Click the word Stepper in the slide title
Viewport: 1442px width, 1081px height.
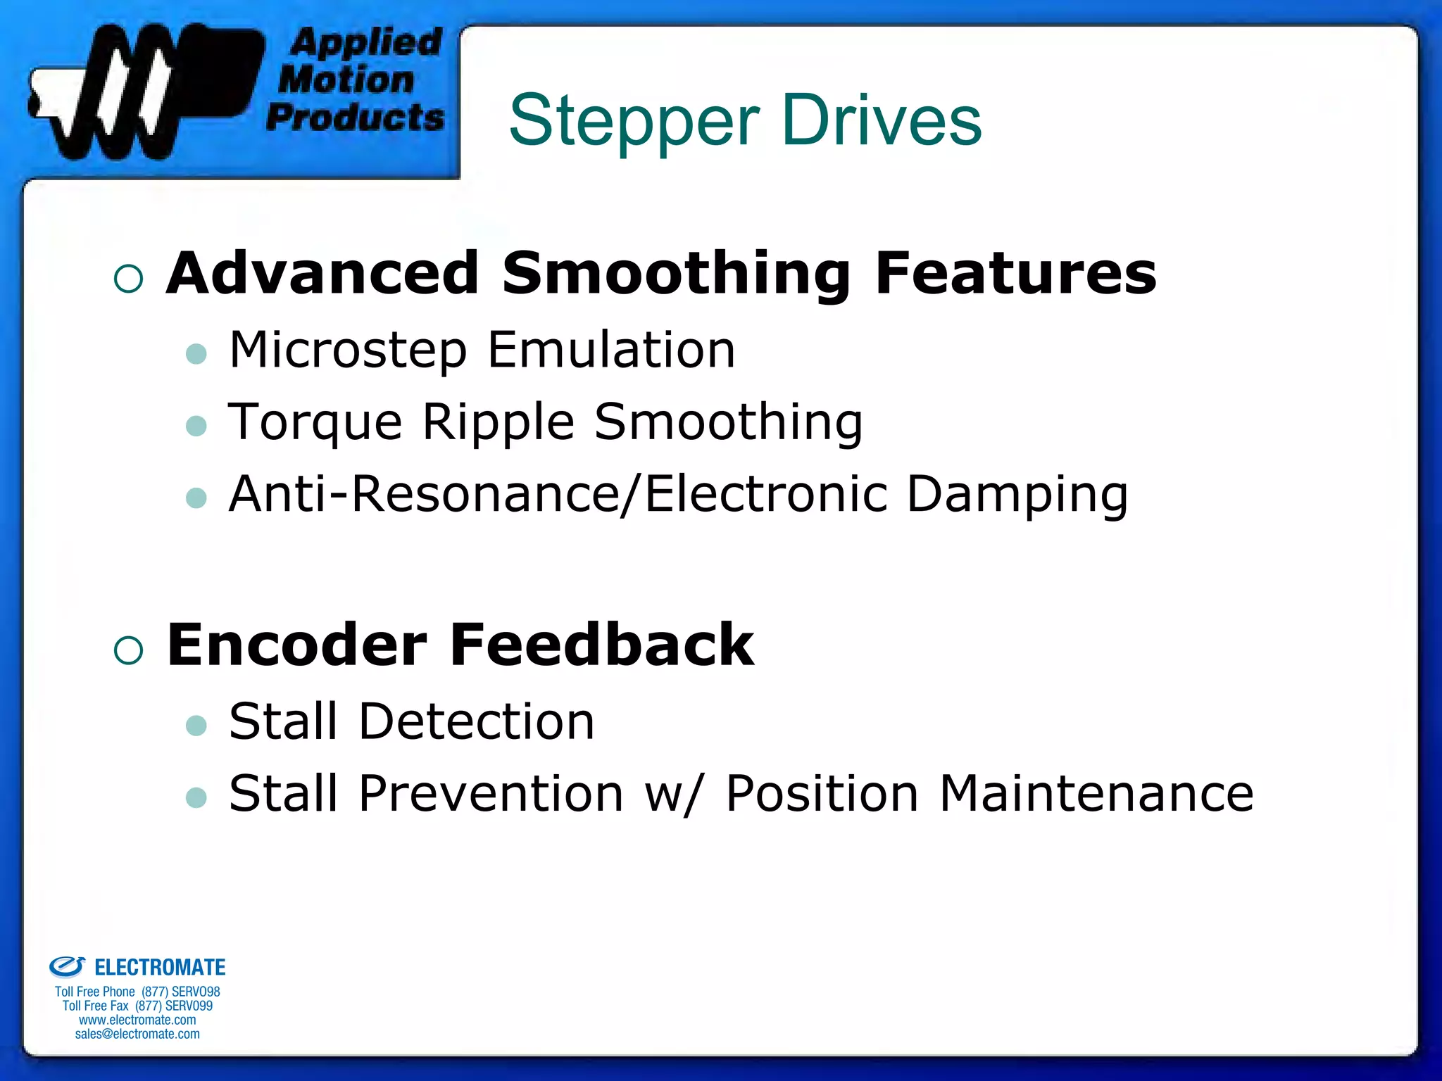(x=634, y=121)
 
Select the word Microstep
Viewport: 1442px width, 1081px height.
(x=348, y=350)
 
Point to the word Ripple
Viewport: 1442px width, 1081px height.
(x=499, y=422)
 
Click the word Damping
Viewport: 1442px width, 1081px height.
(x=1017, y=495)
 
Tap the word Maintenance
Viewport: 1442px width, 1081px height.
(x=1096, y=794)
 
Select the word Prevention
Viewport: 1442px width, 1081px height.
(x=491, y=794)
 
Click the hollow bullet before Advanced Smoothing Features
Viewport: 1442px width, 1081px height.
(x=128, y=279)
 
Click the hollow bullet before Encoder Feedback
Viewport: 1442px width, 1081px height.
(x=128, y=650)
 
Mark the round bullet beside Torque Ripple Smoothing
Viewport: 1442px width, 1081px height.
(x=196, y=426)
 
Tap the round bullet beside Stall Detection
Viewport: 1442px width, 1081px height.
(x=196, y=726)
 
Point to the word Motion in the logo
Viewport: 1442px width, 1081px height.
(x=346, y=80)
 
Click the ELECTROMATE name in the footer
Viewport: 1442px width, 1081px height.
(x=160, y=968)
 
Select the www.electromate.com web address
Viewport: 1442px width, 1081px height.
(x=137, y=1020)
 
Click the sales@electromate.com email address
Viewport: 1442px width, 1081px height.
(x=137, y=1034)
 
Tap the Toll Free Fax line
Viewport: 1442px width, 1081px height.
(x=137, y=1006)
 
